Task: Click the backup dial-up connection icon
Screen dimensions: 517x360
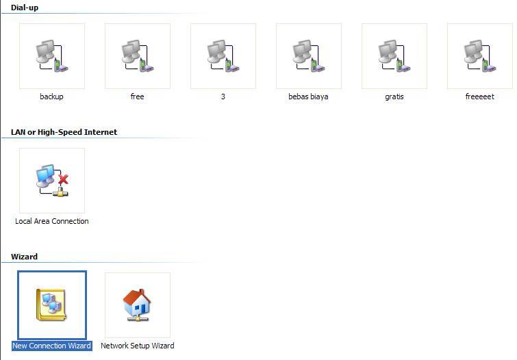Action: pos(52,56)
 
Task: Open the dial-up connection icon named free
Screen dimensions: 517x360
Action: pos(138,56)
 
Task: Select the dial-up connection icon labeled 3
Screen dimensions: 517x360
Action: pos(223,56)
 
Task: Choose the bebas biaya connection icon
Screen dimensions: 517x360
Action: pos(309,56)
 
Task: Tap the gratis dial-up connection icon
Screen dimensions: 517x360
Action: pos(394,56)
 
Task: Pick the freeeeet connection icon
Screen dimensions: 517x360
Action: pos(480,56)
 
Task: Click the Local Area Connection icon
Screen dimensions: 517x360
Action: pos(52,181)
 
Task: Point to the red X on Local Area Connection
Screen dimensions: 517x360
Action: pos(64,179)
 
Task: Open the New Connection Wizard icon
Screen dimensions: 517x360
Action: pos(52,305)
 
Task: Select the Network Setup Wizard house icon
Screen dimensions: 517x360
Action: pos(138,305)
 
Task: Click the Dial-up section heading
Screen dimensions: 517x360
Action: pos(25,8)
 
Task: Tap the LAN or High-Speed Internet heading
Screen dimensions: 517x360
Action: pos(64,132)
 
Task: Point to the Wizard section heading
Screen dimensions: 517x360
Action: pos(24,257)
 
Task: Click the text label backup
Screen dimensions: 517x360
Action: pos(51,97)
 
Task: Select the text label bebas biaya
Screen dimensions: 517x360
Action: pos(308,97)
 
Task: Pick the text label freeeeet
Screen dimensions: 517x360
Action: pos(479,97)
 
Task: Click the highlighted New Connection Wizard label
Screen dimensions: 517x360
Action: pos(52,346)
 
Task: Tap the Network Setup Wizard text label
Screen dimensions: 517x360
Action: pos(138,346)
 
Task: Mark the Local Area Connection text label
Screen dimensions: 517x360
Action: pos(52,221)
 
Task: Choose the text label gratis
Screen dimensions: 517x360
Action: pos(394,97)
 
